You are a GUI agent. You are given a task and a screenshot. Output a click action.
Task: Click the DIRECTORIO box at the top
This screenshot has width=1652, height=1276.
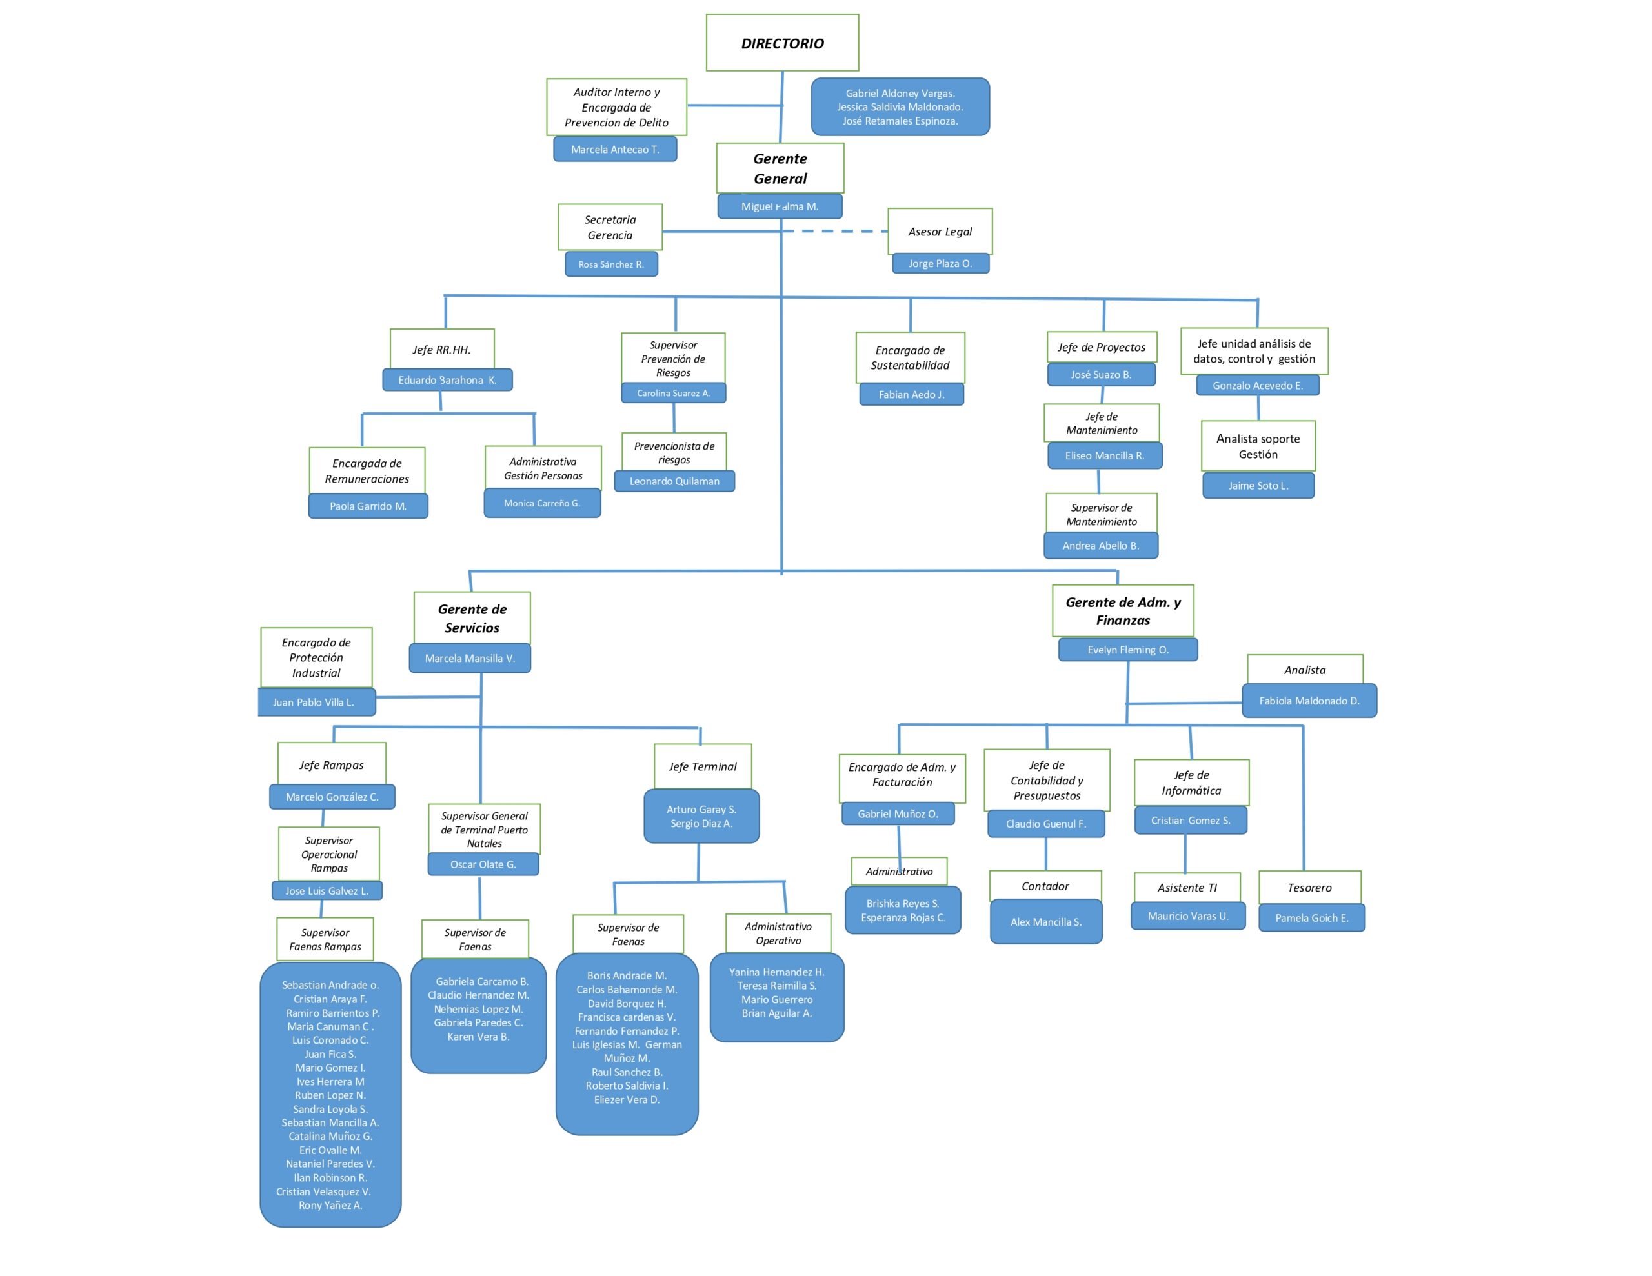[782, 43]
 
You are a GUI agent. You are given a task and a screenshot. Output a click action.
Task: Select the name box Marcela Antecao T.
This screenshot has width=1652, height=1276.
[615, 149]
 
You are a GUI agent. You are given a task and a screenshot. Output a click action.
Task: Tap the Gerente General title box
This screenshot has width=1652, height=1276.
[780, 168]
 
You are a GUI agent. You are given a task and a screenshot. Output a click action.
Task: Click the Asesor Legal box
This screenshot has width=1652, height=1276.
[940, 232]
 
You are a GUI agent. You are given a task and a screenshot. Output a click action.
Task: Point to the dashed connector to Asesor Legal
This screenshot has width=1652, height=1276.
[835, 232]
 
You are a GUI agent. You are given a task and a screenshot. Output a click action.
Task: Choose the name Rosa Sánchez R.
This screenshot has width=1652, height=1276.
[611, 264]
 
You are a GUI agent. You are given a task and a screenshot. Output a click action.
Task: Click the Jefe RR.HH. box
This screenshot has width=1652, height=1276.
[442, 350]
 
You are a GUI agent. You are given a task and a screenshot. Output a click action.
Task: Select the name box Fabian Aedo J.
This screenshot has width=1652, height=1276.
[911, 394]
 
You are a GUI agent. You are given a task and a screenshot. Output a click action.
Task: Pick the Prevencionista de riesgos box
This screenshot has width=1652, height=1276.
[674, 452]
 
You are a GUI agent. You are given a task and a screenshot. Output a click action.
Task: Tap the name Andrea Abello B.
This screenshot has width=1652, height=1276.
[1100, 545]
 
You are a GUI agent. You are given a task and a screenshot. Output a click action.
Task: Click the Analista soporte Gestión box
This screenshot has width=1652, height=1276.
[1258, 446]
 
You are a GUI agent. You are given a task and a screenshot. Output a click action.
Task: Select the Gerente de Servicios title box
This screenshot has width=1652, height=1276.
[472, 618]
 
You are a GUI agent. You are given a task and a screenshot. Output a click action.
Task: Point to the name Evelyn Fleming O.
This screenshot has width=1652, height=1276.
[1128, 650]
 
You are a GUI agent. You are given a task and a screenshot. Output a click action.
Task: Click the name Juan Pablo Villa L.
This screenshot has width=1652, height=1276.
[313, 702]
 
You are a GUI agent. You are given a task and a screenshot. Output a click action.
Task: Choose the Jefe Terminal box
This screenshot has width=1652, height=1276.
[703, 766]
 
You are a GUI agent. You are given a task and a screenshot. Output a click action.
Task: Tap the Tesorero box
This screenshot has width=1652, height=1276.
[1309, 887]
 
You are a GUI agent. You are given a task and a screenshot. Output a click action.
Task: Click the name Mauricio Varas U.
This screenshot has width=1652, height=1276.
[1187, 916]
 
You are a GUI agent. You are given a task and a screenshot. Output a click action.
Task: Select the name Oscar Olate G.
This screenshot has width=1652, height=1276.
[483, 864]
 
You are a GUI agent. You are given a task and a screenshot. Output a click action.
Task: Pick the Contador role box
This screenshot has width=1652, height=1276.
[1045, 886]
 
